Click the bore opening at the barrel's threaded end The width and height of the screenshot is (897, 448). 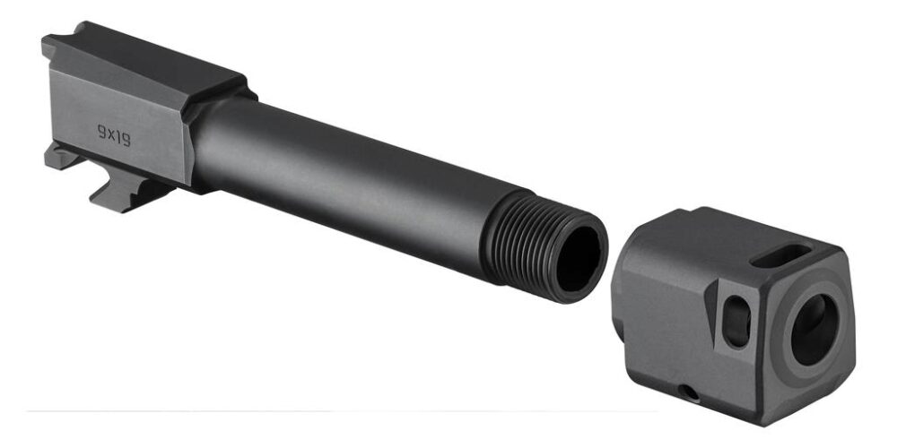tap(581, 259)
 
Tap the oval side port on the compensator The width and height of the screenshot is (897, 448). tap(736, 318)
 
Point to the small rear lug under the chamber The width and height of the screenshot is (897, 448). tap(61, 158)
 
